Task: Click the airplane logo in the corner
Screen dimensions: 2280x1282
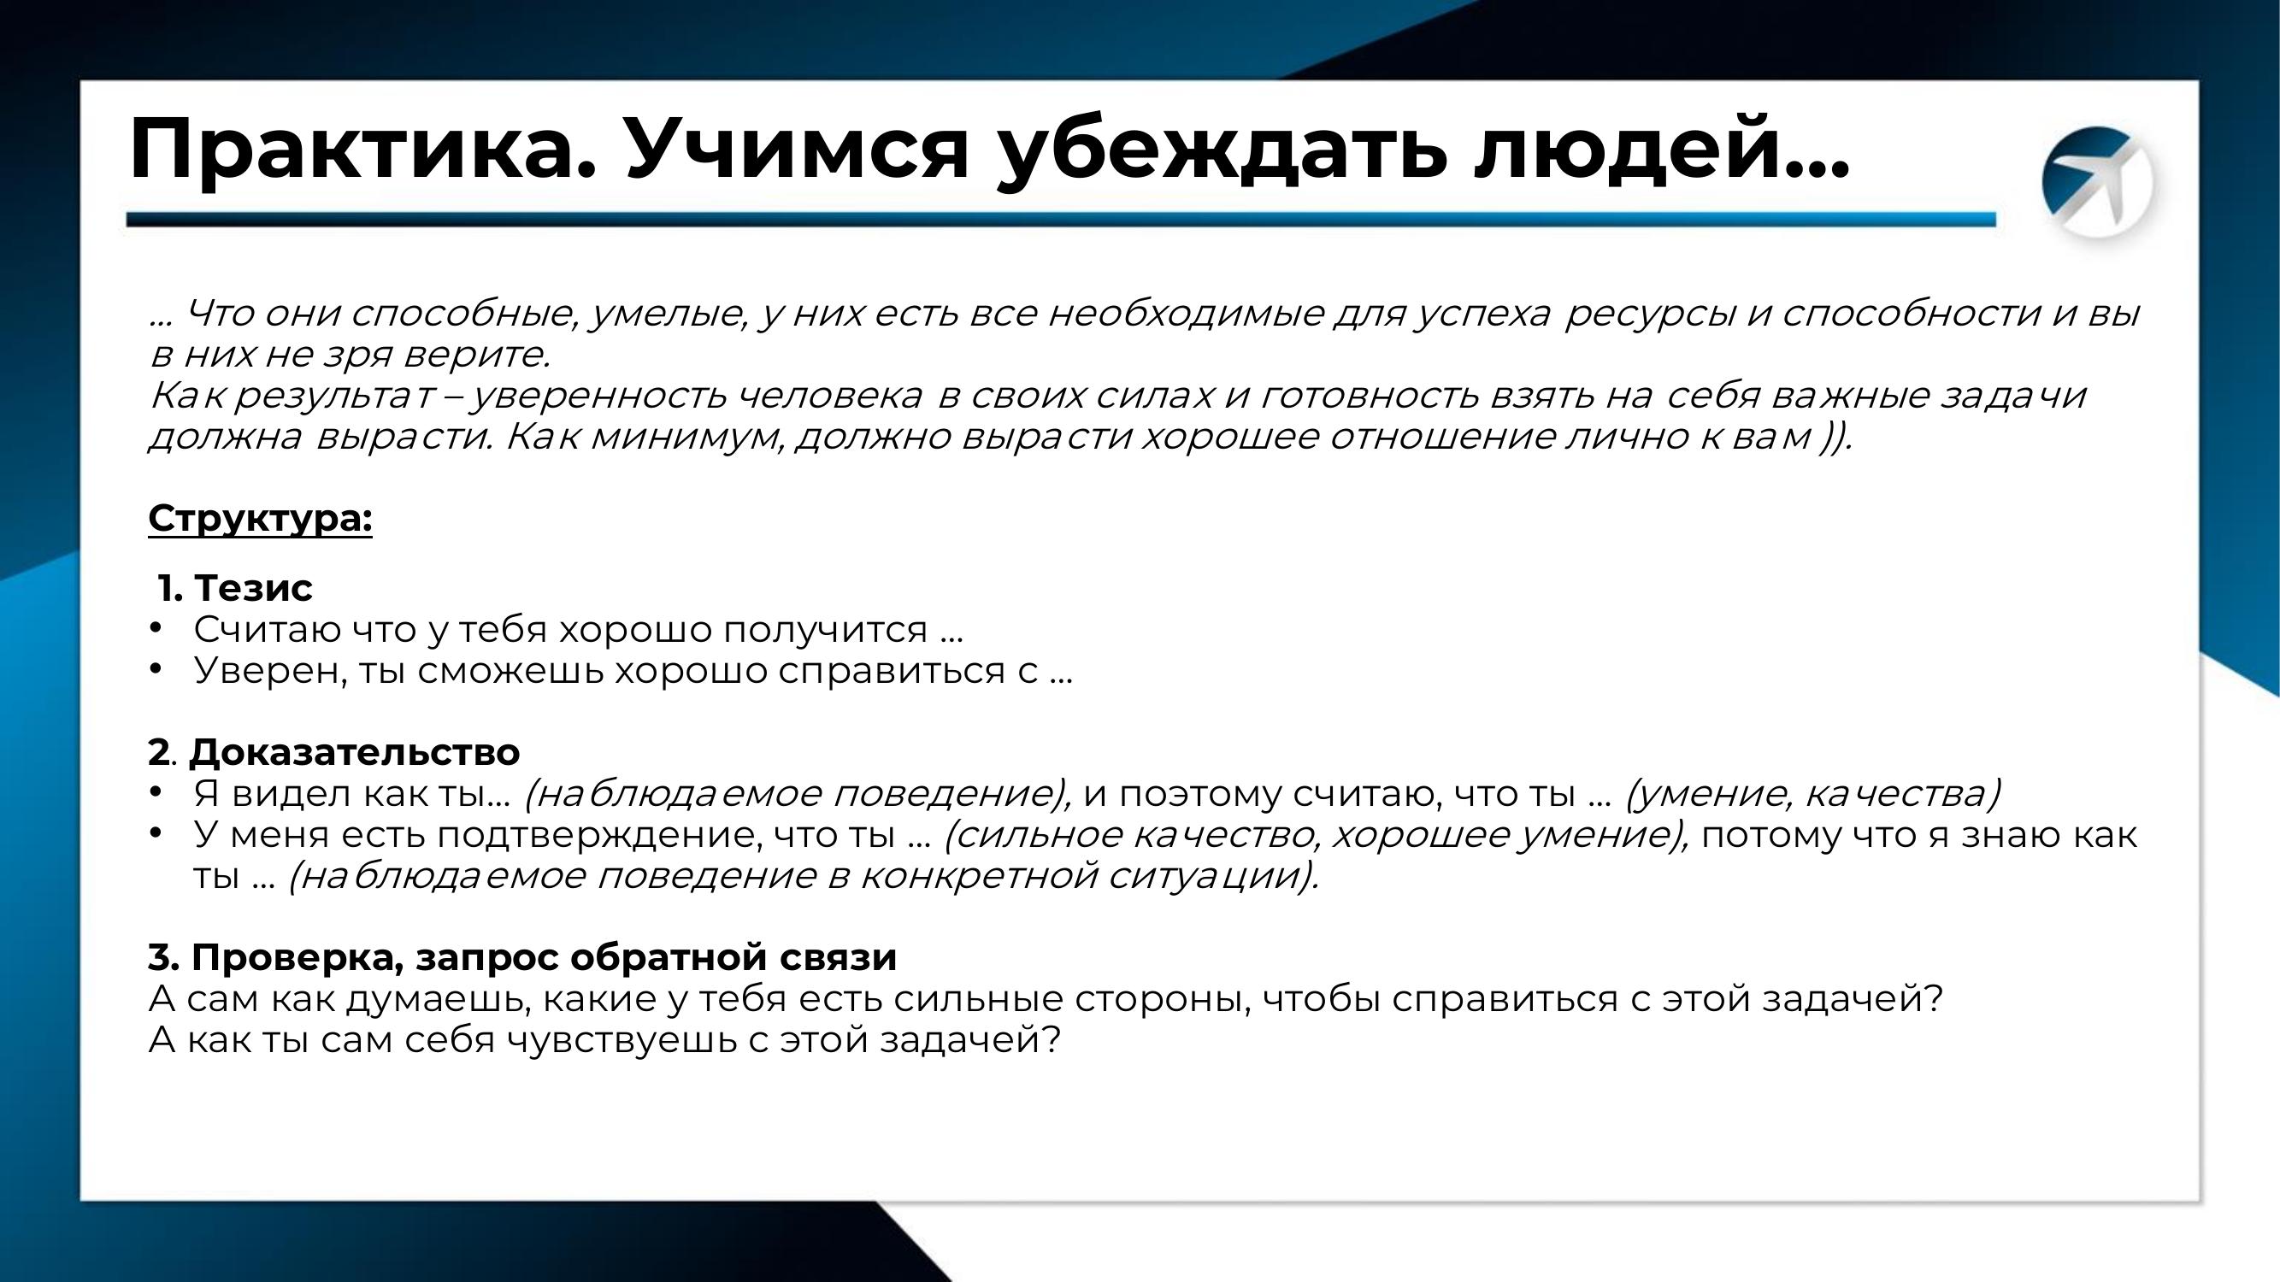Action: click(x=2097, y=182)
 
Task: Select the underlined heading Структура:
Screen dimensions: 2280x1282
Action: click(x=260, y=520)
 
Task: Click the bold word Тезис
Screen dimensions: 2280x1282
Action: click(x=253, y=587)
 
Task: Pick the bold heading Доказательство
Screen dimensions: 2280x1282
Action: click(x=354, y=753)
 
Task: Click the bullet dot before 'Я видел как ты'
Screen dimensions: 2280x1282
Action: click(x=156, y=792)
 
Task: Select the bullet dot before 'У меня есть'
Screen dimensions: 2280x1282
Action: click(x=156, y=833)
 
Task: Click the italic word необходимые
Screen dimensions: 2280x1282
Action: click(x=1185, y=313)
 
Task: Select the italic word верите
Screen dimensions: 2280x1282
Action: click(x=476, y=355)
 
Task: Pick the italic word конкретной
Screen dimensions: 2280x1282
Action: click(x=979, y=877)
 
